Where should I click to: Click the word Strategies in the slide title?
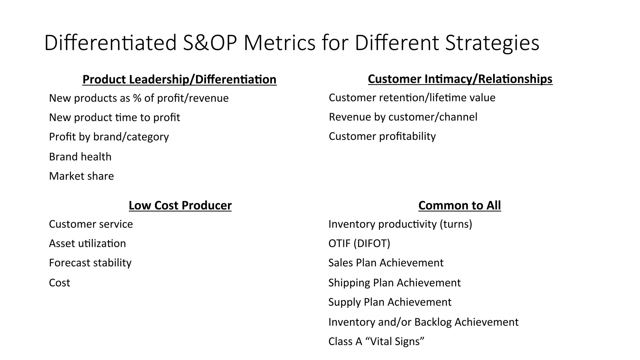click(x=492, y=43)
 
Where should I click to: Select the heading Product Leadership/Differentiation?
click(x=179, y=79)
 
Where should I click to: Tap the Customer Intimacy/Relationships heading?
click(x=460, y=79)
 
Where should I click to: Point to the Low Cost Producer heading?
click(x=180, y=205)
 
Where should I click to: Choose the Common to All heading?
click(x=459, y=205)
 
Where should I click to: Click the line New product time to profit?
click(x=114, y=117)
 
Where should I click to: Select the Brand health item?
click(x=80, y=157)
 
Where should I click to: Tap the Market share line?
click(x=81, y=176)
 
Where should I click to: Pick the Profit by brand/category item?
click(x=109, y=137)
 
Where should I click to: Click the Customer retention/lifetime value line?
click(x=412, y=98)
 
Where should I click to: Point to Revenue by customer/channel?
click(x=403, y=117)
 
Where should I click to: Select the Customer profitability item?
click(x=382, y=137)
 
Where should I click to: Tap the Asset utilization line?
click(x=87, y=243)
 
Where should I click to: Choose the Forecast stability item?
click(x=90, y=263)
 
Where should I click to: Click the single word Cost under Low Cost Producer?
click(x=59, y=283)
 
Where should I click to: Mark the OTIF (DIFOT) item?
click(x=359, y=243)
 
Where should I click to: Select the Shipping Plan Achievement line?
click(x=394, y=283)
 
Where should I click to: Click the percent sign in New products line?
click(x=137, y=98)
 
